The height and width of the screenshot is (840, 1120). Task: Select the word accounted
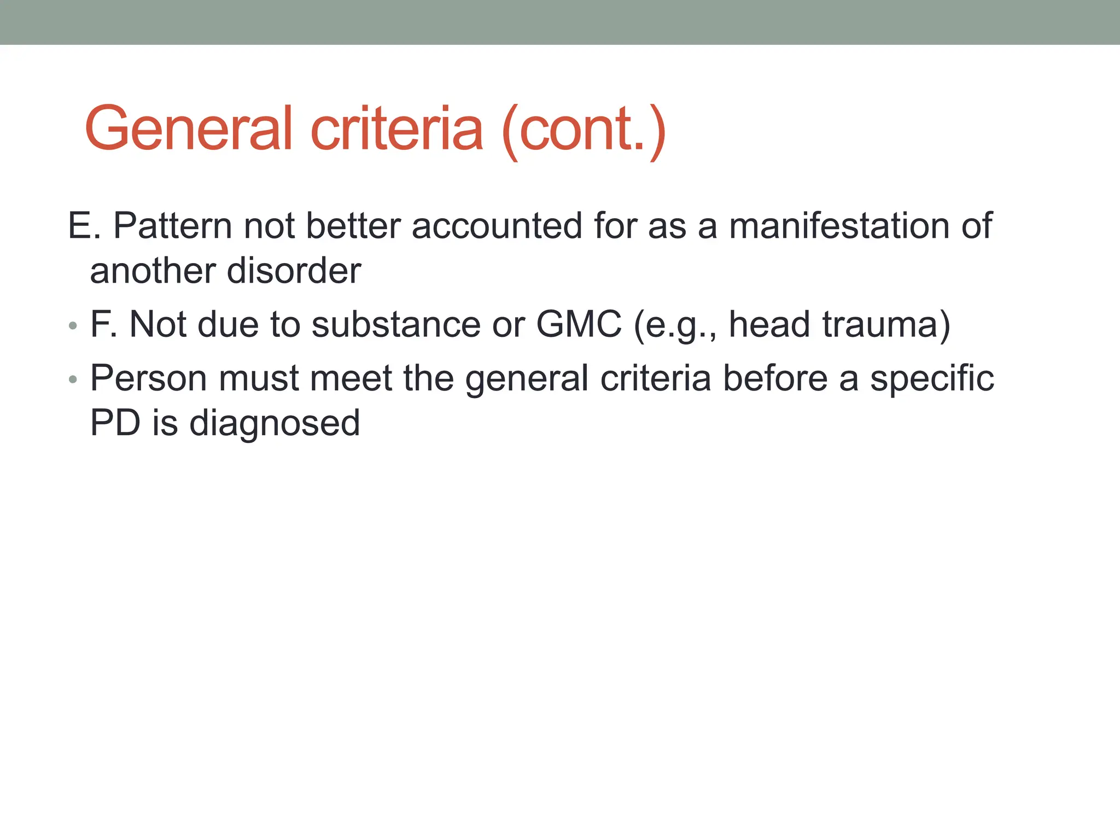point(497,225)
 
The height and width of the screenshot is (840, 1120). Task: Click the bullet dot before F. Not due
point(73,326)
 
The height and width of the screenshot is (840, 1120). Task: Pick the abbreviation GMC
point(579,324)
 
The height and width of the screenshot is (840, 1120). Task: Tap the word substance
point(396,324)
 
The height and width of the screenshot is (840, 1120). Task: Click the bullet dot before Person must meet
point(73,380)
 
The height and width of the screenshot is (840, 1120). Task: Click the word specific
point(932,378)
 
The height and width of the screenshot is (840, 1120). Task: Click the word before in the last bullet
point(775,378)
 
